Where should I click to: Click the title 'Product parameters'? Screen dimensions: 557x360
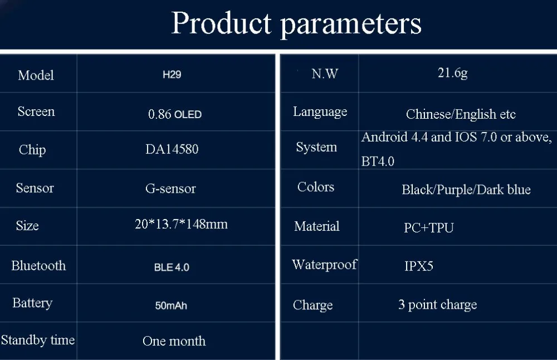(x=296, y=23)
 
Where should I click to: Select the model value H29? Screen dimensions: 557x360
(x=172, y=75)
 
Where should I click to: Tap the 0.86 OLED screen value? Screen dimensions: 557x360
(x=175, y=114)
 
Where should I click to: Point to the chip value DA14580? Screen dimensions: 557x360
(x=172, y=149)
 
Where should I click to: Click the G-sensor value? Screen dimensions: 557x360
(x=170, y=188)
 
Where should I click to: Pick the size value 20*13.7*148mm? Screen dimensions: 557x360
(x=181, y=224)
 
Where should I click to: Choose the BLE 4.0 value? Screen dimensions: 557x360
(x=172, y=267)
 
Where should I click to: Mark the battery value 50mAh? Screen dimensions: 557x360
(x=171, y=305)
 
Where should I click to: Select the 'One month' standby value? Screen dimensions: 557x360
(x=174, y=341)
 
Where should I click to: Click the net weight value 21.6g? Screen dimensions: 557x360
(x=452, y=73)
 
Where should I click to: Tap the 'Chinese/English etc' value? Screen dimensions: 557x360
(x=461, y=114)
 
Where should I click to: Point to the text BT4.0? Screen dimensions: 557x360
(x=378, y=162)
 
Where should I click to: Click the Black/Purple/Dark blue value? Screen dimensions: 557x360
(x=466, y=189)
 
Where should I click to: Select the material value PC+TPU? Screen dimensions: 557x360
(x=429, y=227)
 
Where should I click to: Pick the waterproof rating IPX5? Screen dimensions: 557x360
(x=419, y=266)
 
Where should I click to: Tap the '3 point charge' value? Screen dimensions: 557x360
(x=438, y=305)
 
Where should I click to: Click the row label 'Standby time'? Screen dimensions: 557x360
(x=38, y=340)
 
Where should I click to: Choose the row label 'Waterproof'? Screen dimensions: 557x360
(x=324, y=265)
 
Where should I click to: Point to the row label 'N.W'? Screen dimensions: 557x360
(x=325, y=74)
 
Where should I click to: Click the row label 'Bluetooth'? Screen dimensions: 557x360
(x=38, y=265)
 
